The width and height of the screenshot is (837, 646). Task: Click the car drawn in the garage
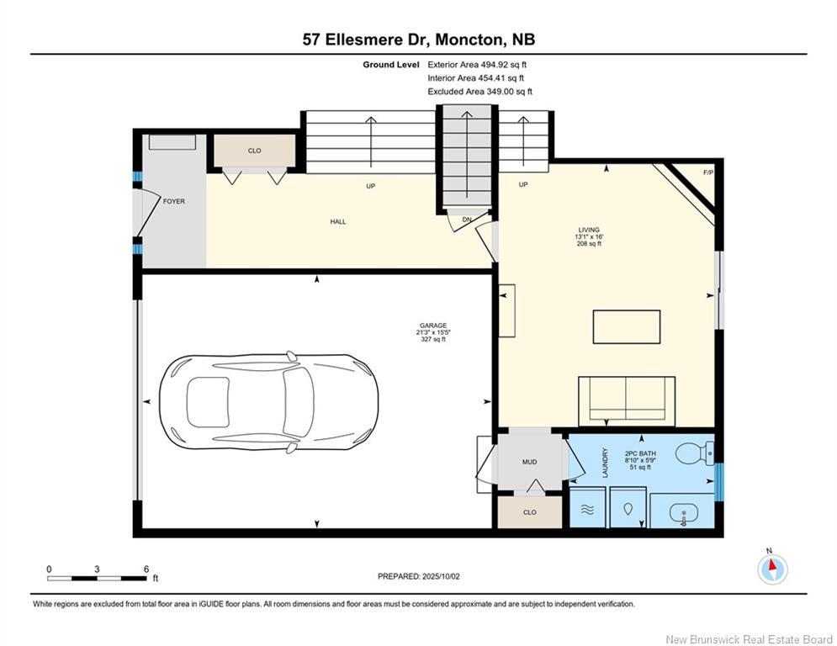pos(268,401)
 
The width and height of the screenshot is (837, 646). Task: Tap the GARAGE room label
pos(433,326)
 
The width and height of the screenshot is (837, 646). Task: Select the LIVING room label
pos(589,228)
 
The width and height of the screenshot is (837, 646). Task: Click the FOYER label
pos(174,202)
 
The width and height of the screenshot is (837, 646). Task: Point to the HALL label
pos(337,222)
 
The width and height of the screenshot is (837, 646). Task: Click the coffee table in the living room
pos(627,326)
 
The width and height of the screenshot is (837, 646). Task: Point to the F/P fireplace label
pos(707,173)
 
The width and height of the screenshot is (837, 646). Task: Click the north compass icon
pos(771,569)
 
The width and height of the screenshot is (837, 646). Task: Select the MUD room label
pos(530,461)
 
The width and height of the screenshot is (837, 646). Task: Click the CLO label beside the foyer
pos(254,151)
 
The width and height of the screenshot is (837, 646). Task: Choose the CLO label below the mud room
pos(529,512)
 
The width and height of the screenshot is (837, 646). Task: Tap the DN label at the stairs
pos(466,220)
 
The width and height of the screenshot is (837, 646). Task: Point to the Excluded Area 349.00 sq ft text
pos(479,92)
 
